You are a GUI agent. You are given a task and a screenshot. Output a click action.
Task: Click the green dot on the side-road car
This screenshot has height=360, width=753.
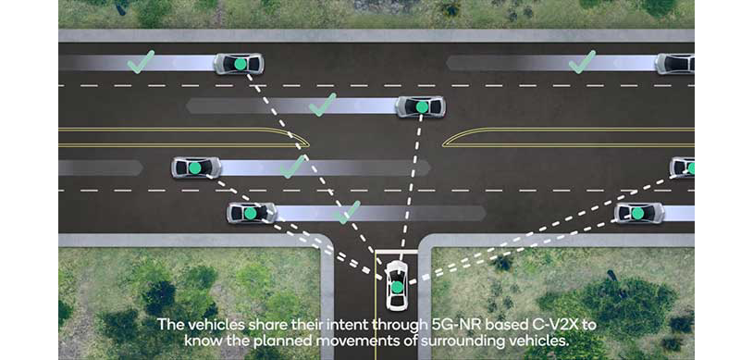(x=397, y=288)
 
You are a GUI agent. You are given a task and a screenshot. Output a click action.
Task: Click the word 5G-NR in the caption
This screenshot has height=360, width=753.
(x=448, y=325)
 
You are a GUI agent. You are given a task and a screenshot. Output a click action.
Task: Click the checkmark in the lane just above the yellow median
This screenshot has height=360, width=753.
(x=323, y=105)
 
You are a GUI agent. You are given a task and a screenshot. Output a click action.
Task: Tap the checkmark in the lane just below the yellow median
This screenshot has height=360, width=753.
(x=292, y=167)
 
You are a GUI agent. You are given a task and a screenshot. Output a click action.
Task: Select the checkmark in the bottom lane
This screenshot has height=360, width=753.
(x=347, y=212)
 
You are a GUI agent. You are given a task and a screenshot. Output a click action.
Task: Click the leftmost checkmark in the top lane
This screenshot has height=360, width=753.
(x=142, y=61)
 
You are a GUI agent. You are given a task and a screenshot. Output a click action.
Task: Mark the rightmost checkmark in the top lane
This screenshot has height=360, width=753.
(x=582, y=61)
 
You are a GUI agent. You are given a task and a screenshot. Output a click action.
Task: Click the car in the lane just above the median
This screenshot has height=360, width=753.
(x=420, y=106)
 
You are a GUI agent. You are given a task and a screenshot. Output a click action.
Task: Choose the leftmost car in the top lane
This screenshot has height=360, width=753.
(x=239, y=64)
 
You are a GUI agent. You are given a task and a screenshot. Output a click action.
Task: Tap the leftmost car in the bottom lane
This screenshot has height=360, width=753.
(x=252, y=213)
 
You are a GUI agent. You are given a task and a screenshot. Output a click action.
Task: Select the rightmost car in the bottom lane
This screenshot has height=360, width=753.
(x=639, y=213)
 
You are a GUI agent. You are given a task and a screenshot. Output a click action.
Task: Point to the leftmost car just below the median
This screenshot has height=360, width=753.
(x=196, y=168)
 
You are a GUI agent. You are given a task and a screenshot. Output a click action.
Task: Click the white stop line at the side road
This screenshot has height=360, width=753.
(x=396, y=252)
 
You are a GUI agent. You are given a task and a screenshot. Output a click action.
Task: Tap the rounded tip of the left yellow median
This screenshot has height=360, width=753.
(x=307, y=143)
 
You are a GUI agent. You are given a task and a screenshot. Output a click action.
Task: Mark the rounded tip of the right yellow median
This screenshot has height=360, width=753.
(x=445, y=143)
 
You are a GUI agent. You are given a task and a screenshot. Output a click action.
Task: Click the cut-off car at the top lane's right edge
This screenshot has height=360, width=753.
(x=674, y=64)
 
